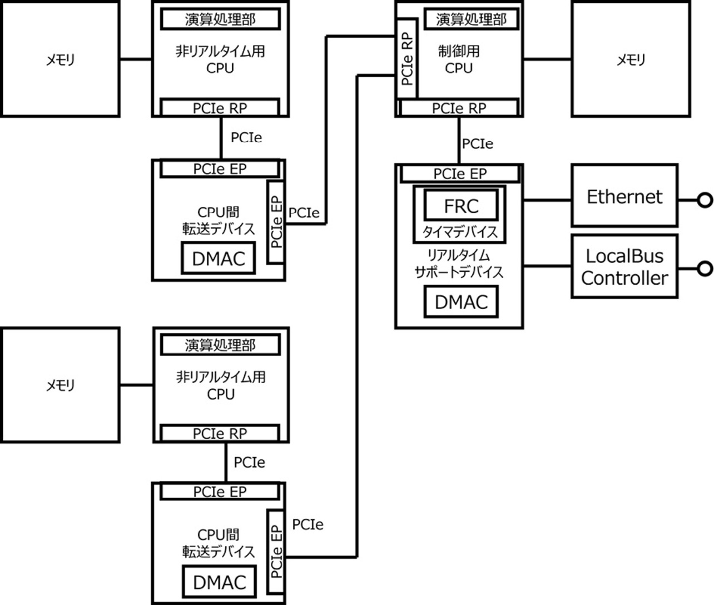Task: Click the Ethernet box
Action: (x=624, y=196)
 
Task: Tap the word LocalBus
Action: (x=624, y=256)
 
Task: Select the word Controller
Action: (x=624, y=278)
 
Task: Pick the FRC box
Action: (x=461, y=206)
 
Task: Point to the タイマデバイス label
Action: (x=459, y=232)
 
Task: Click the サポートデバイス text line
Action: (x=459, y=272)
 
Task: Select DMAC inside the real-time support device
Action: (x=461, y=302)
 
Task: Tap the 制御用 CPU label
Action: (x=459, y=59)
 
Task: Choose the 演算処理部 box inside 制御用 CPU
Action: (x=470, y=20)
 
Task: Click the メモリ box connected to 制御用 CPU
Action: (x=631, y=59)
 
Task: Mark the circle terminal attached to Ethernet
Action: (x=705, y=200)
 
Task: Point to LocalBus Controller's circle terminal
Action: (x=705, y=269)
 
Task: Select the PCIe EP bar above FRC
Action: (x=460, y=174)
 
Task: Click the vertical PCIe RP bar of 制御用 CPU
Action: (x=407, y=58)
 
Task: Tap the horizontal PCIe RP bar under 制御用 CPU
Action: (x=459, y=108)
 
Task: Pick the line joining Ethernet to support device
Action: (x=547, y=200)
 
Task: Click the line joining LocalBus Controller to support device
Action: (x=547, y=266)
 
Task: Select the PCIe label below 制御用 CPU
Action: (x=477, y=144)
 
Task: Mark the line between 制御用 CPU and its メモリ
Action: (x=547, y=59)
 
